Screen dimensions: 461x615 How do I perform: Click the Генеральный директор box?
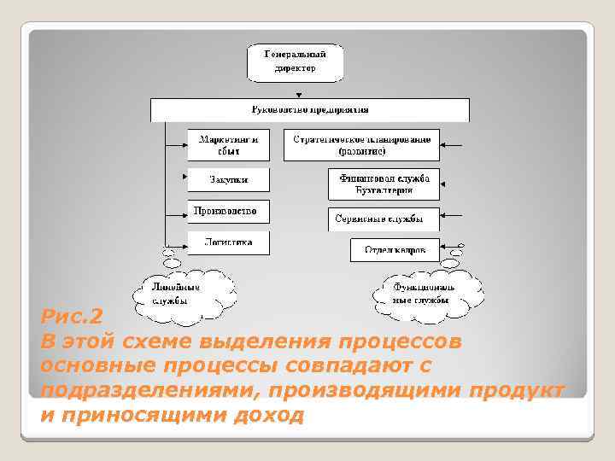(295, 61)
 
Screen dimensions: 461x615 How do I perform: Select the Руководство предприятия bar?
(310, 110)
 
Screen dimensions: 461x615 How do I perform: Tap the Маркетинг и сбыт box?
(228, 144)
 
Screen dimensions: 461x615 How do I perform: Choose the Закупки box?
(228, 179)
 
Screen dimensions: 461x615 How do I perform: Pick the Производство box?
(228, 211)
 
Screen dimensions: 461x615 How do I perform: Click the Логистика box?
(228, 242)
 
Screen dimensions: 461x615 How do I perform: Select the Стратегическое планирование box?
(361, 144)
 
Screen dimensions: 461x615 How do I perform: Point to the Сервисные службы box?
(384, 219)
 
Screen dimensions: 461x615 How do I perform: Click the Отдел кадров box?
(395, 249)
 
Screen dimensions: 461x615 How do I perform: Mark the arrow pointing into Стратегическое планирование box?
(454, 144)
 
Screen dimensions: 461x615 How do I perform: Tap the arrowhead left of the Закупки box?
(184, 177)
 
